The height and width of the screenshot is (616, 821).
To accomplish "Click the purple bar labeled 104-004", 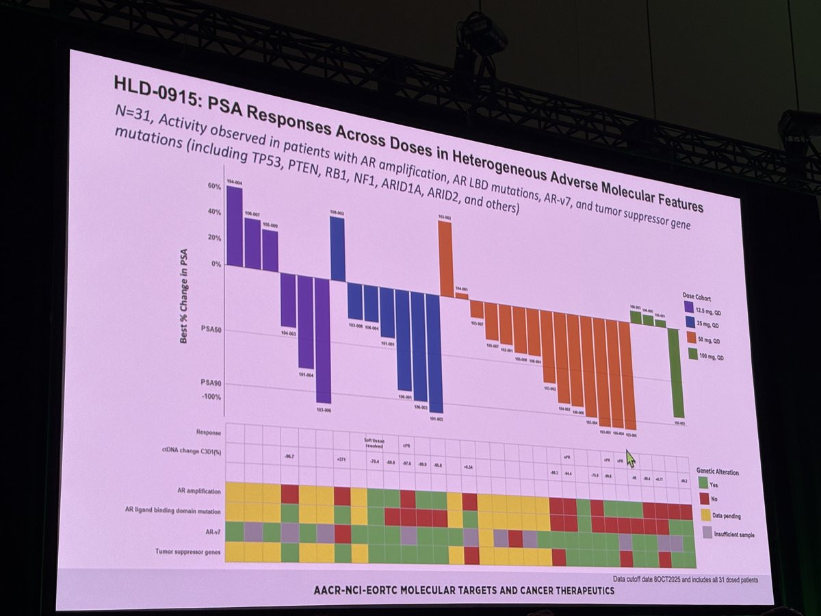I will (x=234, y=226).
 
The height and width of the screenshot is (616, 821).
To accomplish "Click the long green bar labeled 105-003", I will (x=677, y=373).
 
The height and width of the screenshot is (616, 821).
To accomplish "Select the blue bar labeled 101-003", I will (x=434, y=352).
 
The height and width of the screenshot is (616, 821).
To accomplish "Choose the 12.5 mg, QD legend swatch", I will (x=689, y=307).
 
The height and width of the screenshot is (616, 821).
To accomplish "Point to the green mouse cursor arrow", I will (x=630, y=457).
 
